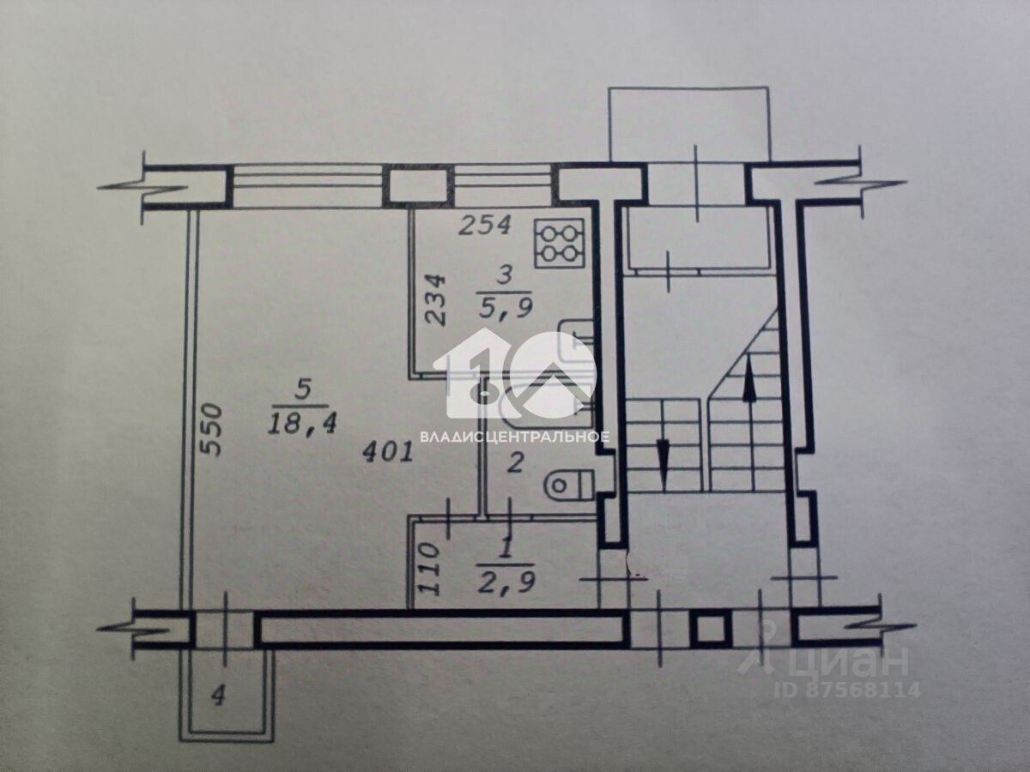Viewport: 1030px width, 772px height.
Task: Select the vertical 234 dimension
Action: [x=436, y=299]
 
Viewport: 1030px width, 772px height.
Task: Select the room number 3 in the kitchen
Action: [x=505, y=275]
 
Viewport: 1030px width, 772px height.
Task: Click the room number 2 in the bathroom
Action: [x=515, y=466]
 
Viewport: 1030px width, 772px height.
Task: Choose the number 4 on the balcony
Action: [x=218, y=697]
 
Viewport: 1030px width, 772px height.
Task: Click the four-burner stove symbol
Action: [x=560, y=242]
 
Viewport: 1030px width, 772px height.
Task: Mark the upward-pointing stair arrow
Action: [x=748, y=377]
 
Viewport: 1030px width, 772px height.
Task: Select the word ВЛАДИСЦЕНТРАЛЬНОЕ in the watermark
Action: [x=515, y=437]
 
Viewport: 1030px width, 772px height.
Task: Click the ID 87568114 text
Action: [x=847, y=689]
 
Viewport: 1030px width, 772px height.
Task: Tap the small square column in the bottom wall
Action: [x=708, y=631]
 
